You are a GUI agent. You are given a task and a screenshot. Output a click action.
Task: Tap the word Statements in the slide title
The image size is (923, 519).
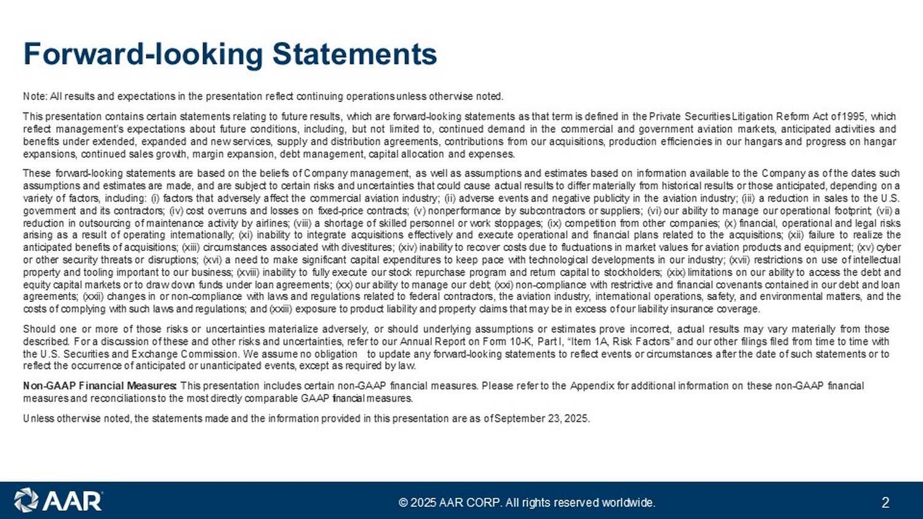(354, 54)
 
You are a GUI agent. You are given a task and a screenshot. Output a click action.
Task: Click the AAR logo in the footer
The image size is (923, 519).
(58, 501)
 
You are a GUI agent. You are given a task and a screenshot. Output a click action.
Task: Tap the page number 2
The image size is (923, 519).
(885, 502)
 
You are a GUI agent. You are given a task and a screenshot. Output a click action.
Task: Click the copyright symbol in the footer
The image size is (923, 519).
(403, 502)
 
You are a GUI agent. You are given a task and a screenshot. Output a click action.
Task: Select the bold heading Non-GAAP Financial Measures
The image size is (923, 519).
(100, 386)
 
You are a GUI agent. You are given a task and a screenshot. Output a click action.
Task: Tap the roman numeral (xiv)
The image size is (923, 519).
(408, 248)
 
